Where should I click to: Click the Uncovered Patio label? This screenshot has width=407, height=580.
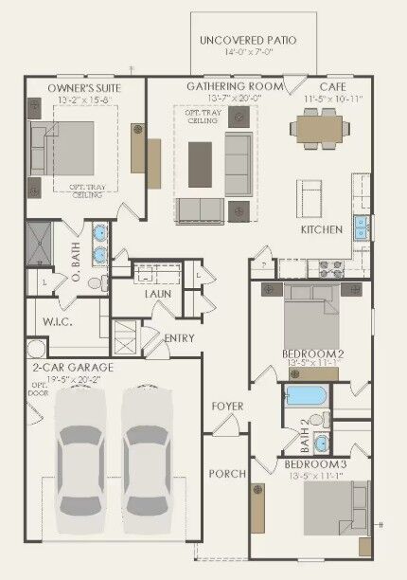247,41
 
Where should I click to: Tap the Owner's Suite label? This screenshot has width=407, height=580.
83,87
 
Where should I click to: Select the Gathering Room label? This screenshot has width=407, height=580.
235,86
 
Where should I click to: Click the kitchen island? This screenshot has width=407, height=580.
310,197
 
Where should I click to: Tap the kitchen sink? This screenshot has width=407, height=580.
361,227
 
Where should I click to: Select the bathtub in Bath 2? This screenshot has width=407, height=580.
305,395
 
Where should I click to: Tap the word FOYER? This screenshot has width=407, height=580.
227,407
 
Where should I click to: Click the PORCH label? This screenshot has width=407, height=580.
226,474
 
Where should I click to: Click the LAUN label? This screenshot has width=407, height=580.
157,294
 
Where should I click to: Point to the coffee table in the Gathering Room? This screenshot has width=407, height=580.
200,155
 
